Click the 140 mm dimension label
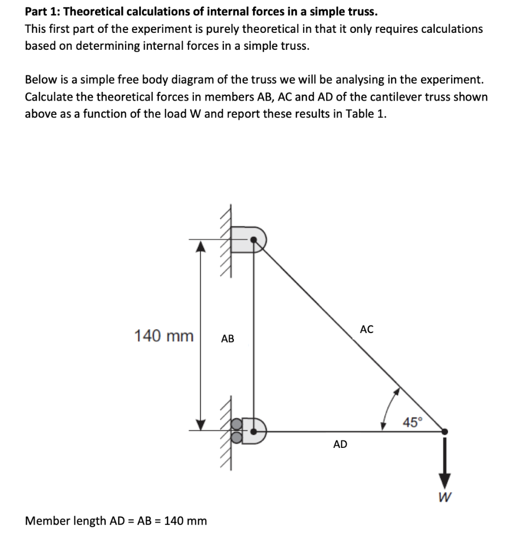tap(164, 335)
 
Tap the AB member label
tap(228, 339)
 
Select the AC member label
tap(367, 329)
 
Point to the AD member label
tap(340, 445)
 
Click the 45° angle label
tap(412, 422)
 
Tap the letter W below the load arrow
tap(445, 497)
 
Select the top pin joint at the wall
tap(254, 240)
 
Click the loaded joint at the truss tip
tap(445, 431)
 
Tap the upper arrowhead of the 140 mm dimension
tap(201, 247)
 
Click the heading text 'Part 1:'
tap(43, 11)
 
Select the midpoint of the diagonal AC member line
tap(350, 335)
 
